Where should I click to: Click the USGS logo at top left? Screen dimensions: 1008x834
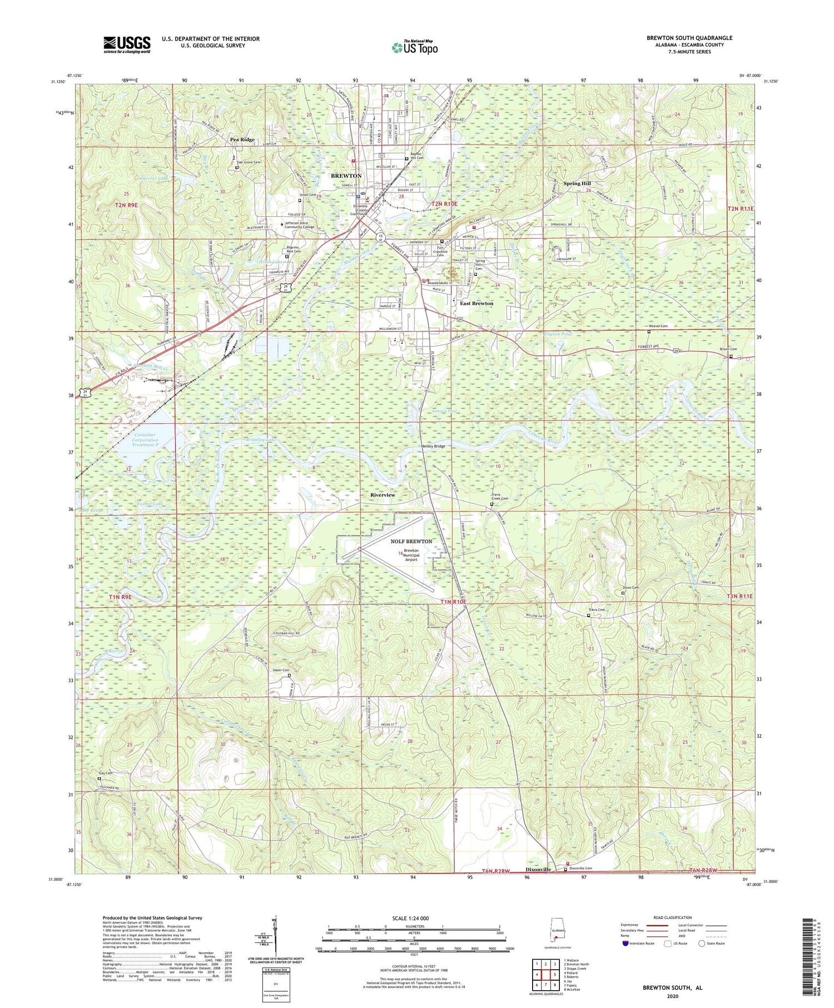(127, 44)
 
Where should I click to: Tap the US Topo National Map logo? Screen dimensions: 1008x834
(414, 47)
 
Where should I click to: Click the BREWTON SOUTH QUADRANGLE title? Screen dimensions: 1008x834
(689, 38)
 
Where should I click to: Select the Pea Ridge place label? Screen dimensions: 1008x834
(242, 140)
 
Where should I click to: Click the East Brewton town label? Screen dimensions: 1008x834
(476, 304)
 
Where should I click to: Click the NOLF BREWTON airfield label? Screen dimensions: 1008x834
(411, 541)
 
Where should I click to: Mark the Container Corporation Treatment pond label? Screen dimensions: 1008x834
(145, 439)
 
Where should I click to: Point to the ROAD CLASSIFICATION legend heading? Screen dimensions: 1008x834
(673, 918)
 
